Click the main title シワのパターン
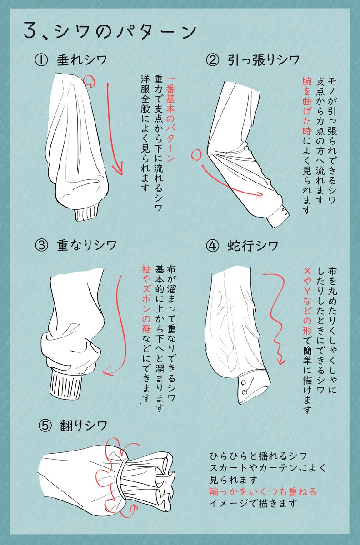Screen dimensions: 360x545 [126, 32]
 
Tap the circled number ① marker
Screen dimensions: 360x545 [41, 60]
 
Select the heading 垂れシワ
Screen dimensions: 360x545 [82, 60]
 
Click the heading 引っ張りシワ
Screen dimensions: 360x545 [264, 60]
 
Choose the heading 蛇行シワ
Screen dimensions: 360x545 [253, 246]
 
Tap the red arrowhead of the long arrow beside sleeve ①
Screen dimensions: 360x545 [117, 169]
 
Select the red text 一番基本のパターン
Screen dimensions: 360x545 [170, 119]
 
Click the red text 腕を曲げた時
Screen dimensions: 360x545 [307, 106]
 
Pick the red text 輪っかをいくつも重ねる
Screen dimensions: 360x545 [263, 491]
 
